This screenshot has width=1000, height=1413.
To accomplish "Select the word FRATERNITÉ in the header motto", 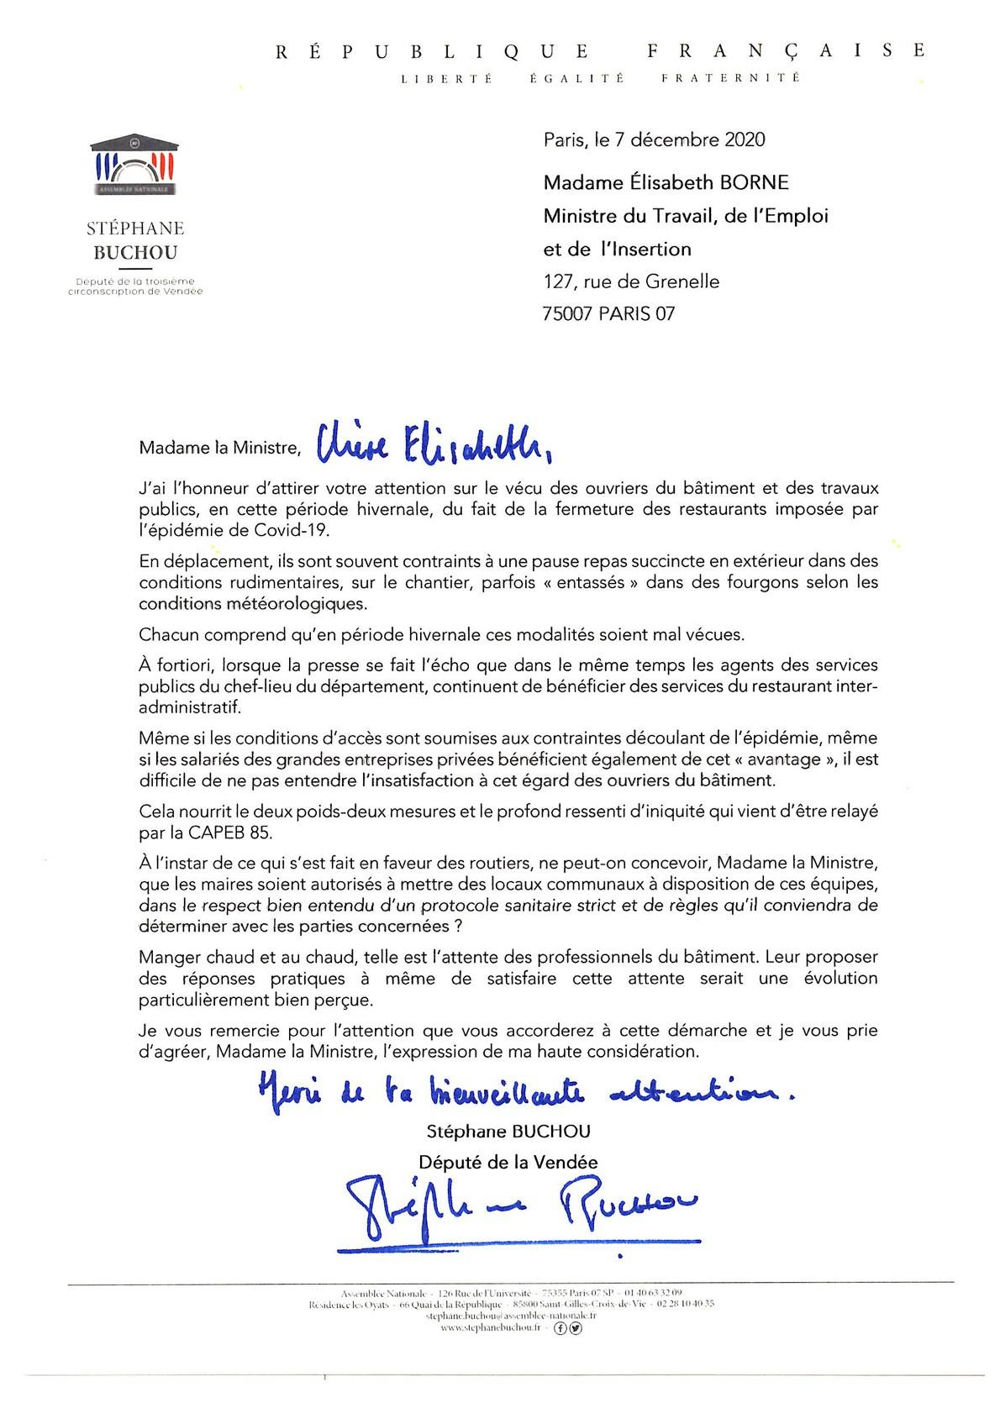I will [729, 78].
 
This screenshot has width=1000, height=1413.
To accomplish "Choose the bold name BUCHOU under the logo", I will [135, 252].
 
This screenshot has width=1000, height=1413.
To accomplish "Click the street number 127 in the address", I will [559, 281].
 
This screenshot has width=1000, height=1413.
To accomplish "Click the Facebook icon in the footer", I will [561, 1328].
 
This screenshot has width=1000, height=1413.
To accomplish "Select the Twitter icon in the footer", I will [576, 1328].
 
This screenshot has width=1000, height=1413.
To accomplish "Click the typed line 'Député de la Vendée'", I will [508, 1163].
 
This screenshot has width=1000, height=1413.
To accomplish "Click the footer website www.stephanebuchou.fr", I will [490, 1328].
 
